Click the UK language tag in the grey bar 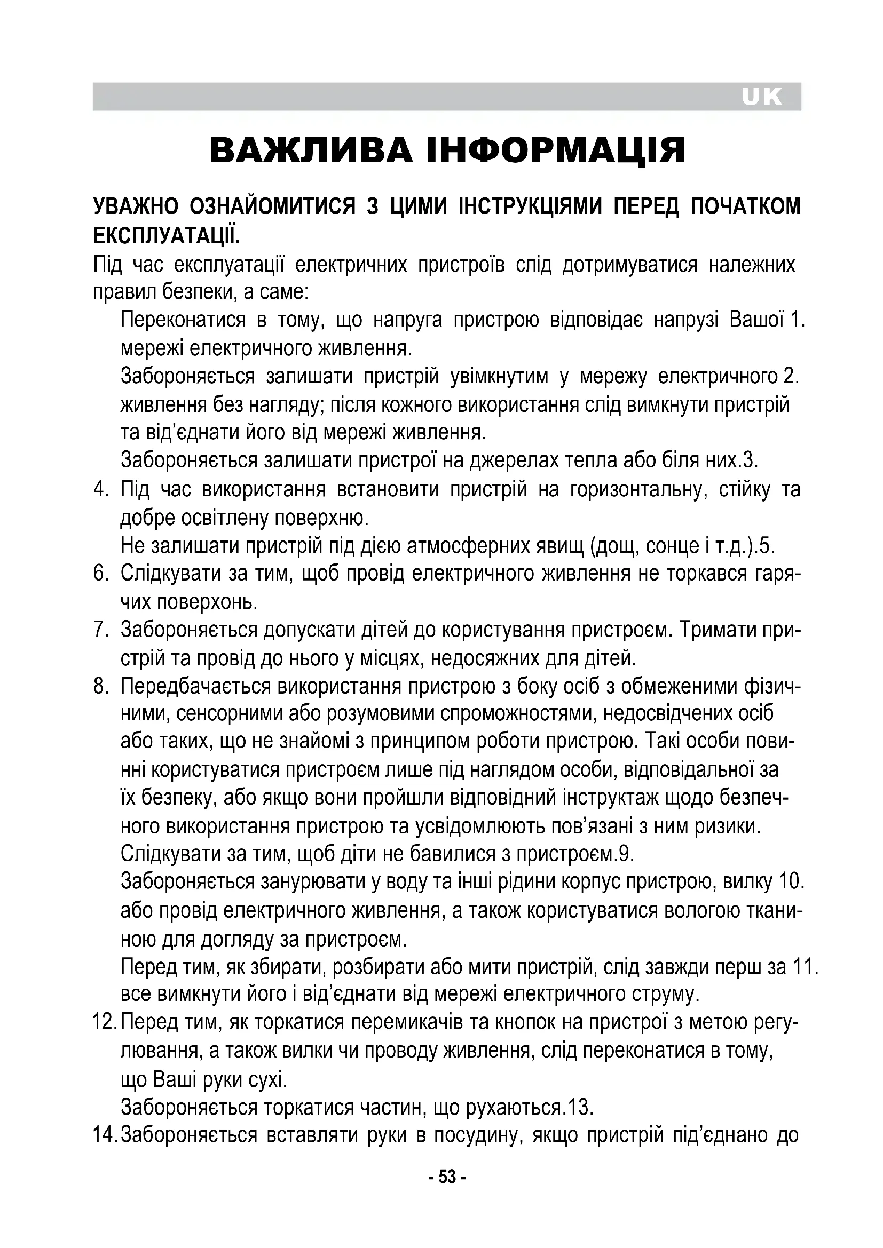click(x=761, y=97)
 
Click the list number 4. click(x=101, y=489)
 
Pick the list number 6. click(x=101, y=574)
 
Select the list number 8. click(x=101, y=686)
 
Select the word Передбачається click(x=195, y=686)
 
